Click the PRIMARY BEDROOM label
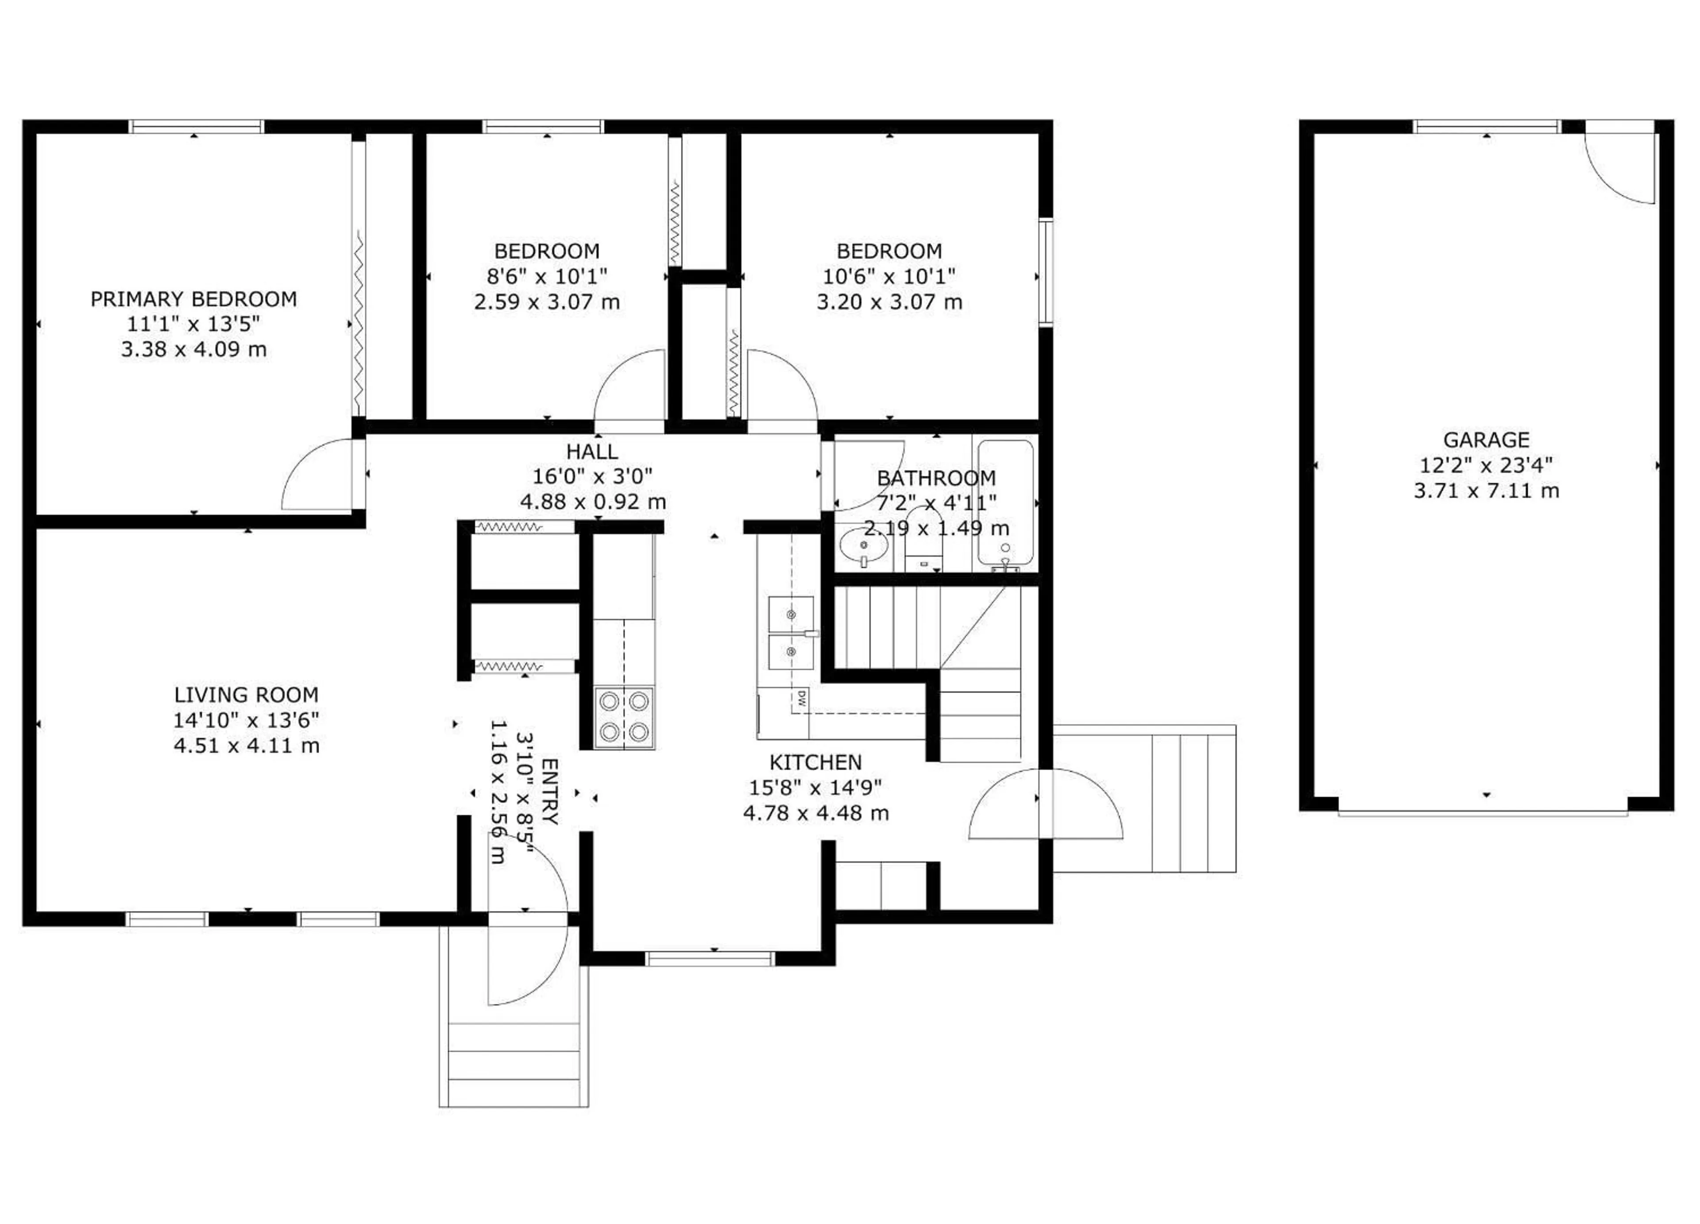[x=193, y=299]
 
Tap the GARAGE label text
[x=1486, y=440]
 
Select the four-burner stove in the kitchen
[x=624, y=717]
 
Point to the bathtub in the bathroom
[x=1005, y=502]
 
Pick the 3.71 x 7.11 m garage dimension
[x=1486, y=491]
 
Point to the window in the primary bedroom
[x=197, y=127]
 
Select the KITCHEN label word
[x=815, y=762]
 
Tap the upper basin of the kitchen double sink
[x=791, y=614]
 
